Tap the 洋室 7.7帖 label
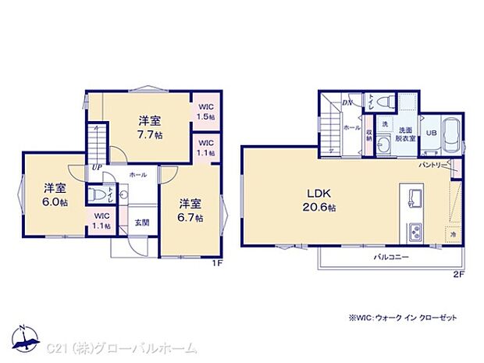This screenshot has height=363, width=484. pos(151,127)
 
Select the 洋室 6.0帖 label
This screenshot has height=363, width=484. pos(54,194)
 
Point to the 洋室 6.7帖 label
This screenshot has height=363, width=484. pos(189,210)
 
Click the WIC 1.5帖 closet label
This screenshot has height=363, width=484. pos(206,112)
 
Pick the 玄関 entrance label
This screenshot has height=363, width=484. pos(141,222)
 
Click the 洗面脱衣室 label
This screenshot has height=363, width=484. pos(406,133)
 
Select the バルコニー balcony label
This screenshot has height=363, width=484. pos(391,256)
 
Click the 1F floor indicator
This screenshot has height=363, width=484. pos(219,262)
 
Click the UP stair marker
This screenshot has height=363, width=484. pos(96,167)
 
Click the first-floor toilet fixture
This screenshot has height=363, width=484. pos(97,194)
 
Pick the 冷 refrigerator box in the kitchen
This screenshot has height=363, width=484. pos(453,233)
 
